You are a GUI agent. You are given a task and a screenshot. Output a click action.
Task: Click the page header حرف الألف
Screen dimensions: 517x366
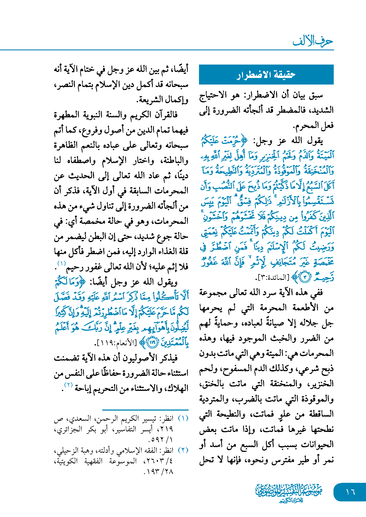coord(313,41)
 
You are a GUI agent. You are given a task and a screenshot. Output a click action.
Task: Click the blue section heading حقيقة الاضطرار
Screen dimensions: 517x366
coord(266,75)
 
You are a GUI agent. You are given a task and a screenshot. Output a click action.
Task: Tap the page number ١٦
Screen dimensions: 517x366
coord(350,492)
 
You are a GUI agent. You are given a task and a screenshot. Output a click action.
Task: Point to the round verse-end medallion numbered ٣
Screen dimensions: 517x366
coord(305,278)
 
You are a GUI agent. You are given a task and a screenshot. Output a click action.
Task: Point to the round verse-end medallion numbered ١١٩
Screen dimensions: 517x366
coord(152,342)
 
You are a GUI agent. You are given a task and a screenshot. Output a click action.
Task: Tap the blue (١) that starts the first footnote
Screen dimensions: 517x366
coord(183,419)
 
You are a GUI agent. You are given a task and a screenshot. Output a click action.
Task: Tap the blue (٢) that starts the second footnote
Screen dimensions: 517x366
coord(183,450)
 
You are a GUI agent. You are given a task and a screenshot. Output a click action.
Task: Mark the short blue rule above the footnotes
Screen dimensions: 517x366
coord(145,410)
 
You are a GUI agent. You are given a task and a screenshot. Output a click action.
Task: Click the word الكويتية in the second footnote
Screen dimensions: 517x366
coord(66,461)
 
